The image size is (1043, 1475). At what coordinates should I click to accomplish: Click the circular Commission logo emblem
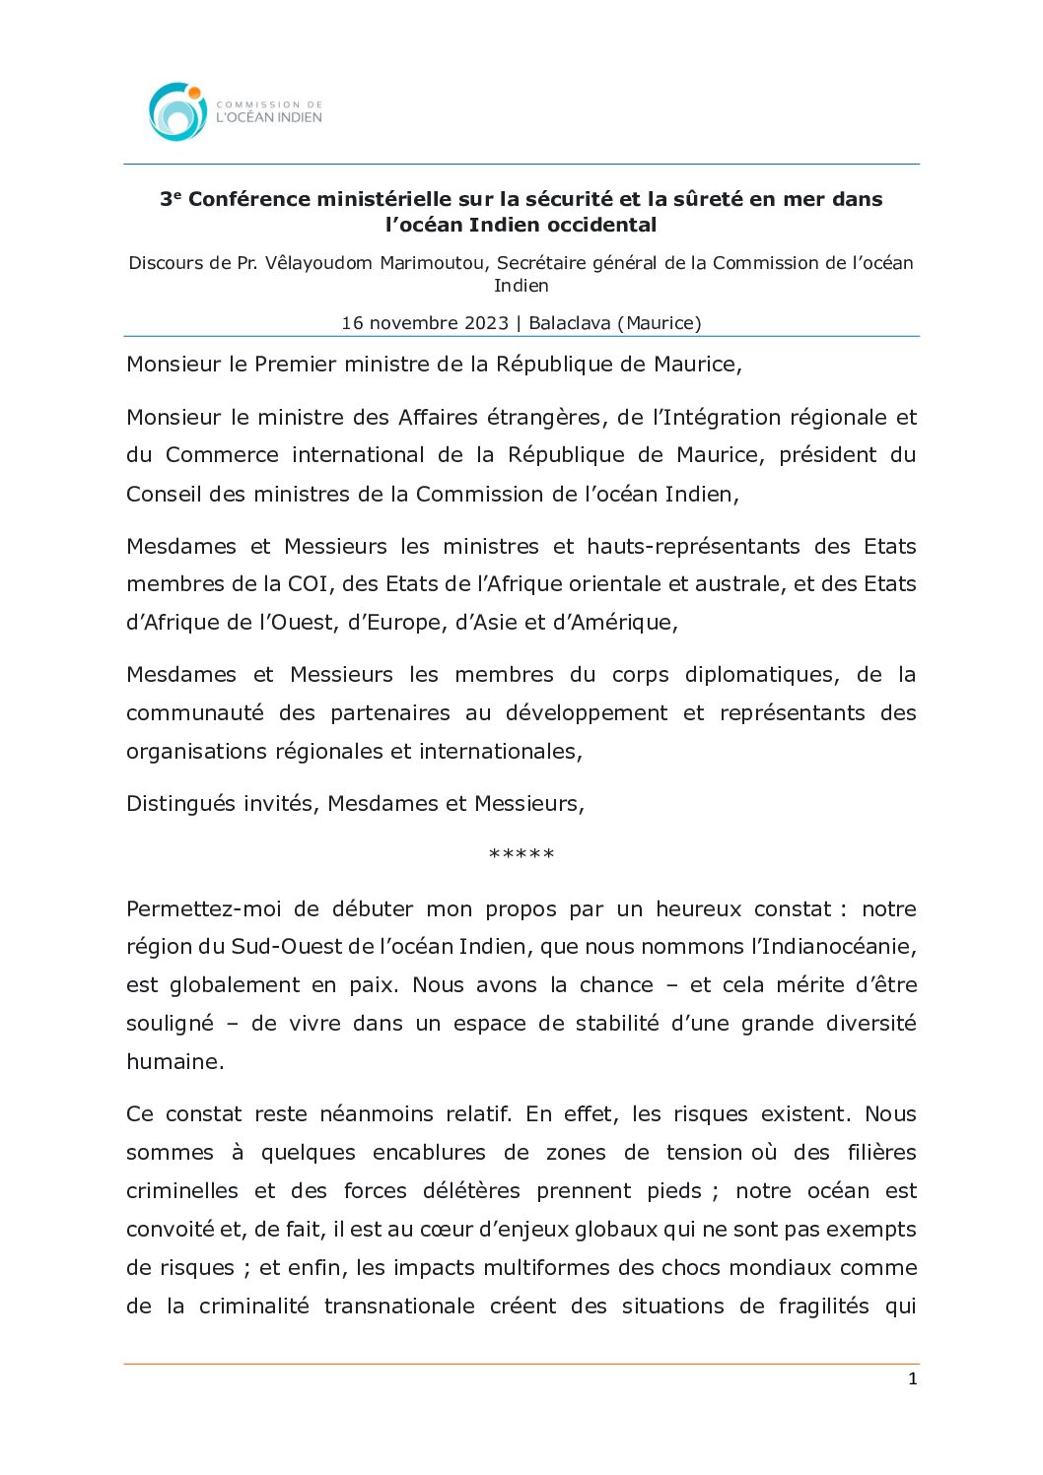(x=177, y=111)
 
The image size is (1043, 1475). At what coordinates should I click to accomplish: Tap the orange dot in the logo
(x=195, y=93)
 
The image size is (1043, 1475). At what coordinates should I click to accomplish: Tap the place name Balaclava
(x=570, y=323)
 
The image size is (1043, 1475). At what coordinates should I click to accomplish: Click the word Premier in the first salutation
(x=292, y=365)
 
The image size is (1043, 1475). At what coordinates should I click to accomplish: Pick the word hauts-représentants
(x=693, y=547)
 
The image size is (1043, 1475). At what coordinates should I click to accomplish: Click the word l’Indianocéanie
(x=833, y=947)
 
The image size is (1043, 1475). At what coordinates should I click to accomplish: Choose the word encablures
(x=429, y=1153)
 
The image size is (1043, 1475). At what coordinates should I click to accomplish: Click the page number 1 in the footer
(x=912, y=1379)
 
